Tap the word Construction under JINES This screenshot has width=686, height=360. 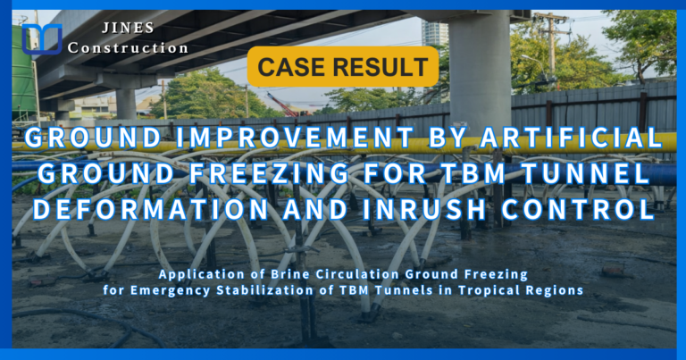point(128,48)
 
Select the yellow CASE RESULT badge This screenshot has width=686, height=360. point(344,66)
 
